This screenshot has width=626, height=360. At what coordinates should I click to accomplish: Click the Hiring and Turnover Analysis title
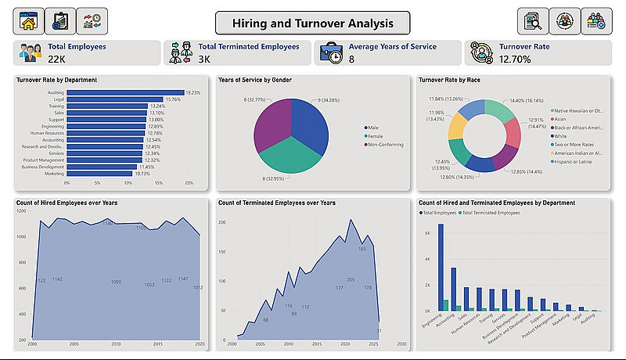point(313,22)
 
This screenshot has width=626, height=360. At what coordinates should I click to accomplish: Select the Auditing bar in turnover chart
point(125,92)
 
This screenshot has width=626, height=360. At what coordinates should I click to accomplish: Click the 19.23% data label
point(192,92)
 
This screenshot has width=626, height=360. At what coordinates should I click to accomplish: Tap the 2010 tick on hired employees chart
point(116,343)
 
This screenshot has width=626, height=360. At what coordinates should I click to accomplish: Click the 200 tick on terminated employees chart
point(221,223)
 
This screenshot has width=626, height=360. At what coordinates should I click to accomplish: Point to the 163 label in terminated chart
point(362,249)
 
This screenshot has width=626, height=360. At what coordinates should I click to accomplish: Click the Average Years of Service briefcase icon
point(332,53)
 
